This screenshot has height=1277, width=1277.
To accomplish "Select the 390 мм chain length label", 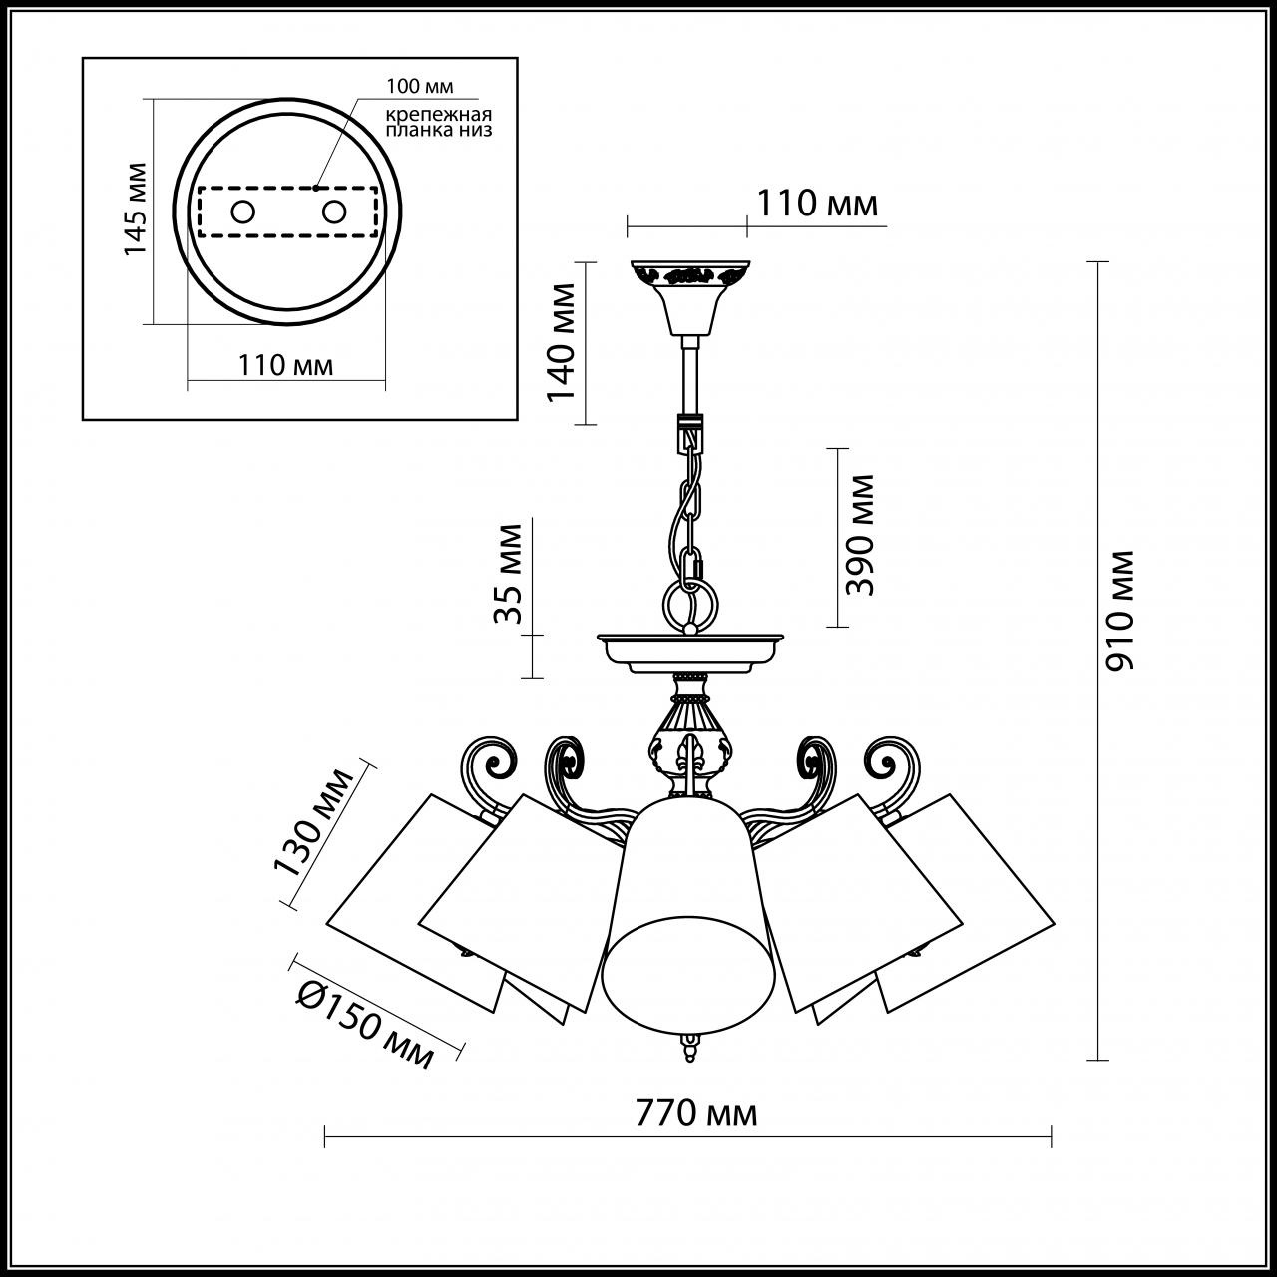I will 859,535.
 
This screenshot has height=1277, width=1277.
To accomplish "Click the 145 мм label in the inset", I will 135,208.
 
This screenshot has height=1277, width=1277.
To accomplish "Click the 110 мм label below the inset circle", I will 286,365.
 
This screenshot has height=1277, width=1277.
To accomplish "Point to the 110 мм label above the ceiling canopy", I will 817,204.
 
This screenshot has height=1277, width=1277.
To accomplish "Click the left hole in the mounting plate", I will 242,212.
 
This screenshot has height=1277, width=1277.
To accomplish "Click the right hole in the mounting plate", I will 333,212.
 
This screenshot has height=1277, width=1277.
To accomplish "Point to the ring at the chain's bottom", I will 689,605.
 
